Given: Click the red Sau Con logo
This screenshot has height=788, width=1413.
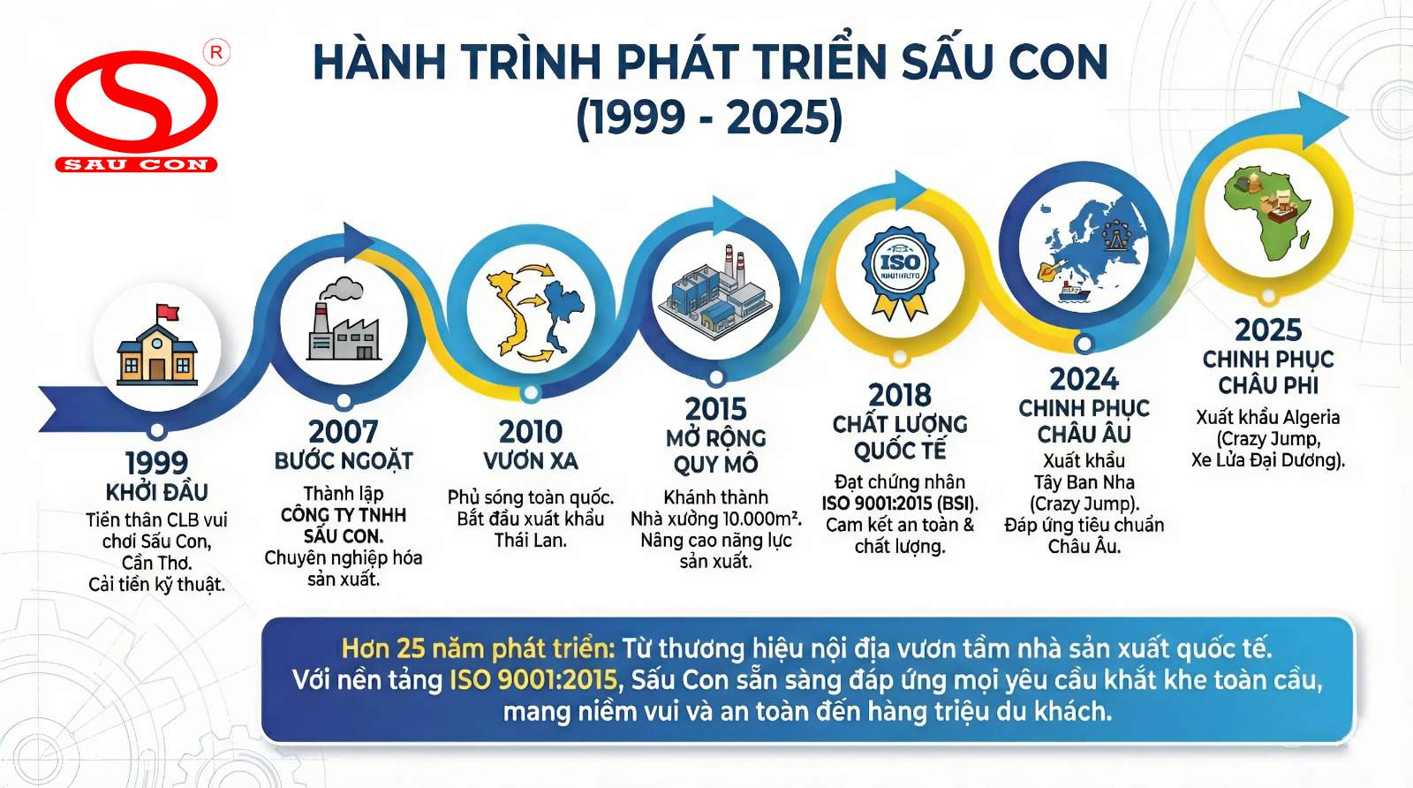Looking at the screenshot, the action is click(136, 111).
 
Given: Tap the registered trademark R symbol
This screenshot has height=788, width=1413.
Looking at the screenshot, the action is click(216, 53).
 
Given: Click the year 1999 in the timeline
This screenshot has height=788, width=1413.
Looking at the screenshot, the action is click(156, 463).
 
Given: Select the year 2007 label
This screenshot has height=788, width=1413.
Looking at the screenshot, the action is click(344, 432).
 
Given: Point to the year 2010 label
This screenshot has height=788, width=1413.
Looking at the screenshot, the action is click(531, 432).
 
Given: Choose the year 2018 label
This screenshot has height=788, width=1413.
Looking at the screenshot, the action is click(900, 396).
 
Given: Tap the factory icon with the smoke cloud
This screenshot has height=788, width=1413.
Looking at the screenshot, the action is click(344, 319).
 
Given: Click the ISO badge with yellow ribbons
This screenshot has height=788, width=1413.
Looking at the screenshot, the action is click(900, 271).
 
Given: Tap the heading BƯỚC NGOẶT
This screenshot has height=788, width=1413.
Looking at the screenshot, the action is click(344, 461).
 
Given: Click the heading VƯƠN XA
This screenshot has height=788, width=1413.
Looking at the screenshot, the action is click(531, 461).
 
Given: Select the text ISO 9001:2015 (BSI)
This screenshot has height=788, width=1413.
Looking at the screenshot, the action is click(900, 504).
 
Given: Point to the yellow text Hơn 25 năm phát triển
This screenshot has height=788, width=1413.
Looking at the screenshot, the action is click(478, 648).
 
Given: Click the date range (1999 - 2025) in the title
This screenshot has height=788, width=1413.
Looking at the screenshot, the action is click(710, 118).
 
